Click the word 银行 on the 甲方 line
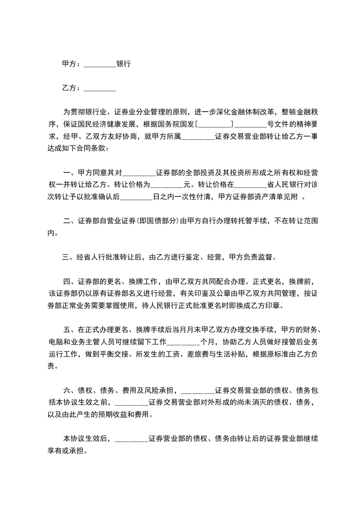(123, 64)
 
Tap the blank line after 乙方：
(100, 88)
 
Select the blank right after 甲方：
(100, 64)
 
